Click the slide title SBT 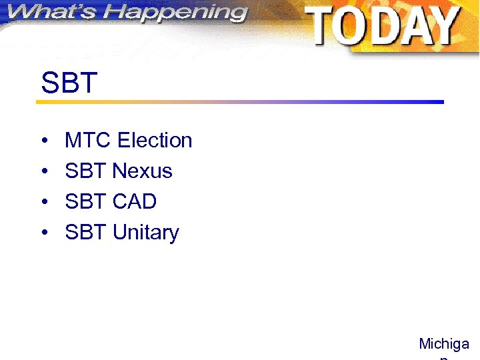pyautogui.click(x=69, y=83)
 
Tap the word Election pyautogui.click(x=155, y=141)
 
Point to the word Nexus pyautogui.click(x=143, y=171)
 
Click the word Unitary pyautogui.click(x=146, y=233)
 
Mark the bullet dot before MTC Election pyautogui.click(x=43, y=141)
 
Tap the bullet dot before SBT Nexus pyautogui.click(x=43, y=172)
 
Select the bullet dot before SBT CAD pyautogui.click(x=43, y=202)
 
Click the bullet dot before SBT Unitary pyautogui.click(x=43, y=233)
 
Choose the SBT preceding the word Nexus pyautogui.click(x=86, y=171)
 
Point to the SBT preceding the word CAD pyautogui.click(x=86, y=201)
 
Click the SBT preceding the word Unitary pyautogui.click(x=86, y=233)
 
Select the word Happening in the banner pyautogui.click(x=176, y=14)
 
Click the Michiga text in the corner pyautogui.click(x=444, y=344)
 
